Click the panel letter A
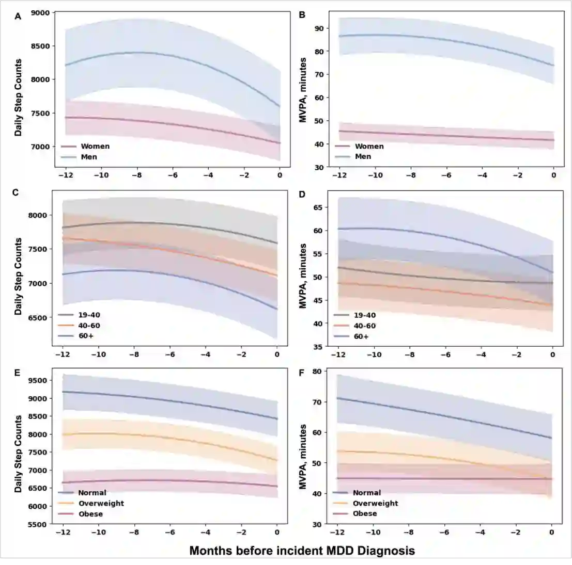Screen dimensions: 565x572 coord(18,16)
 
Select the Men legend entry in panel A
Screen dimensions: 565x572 coord(88,156)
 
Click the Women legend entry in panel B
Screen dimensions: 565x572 coord(369,146)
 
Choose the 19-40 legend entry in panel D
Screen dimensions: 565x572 coord(364,315)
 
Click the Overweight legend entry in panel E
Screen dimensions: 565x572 coord(101,503)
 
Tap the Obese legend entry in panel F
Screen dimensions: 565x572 coord(364,513)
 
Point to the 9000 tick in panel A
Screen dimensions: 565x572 coord(40,12)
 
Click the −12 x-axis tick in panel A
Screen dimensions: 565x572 coord(66,175)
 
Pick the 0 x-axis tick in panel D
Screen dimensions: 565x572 coord(552,354)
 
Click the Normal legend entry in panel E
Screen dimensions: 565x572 coord(92,493)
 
